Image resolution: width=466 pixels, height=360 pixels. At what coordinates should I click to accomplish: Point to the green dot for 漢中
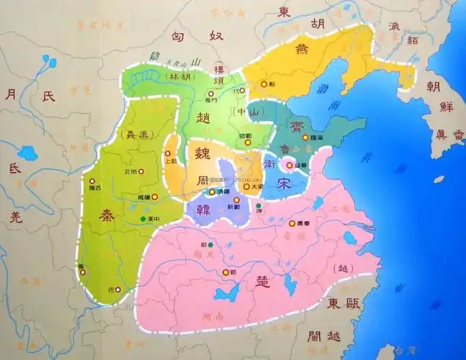point(143,218)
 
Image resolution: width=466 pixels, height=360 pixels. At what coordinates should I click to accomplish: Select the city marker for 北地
point(141,171)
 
